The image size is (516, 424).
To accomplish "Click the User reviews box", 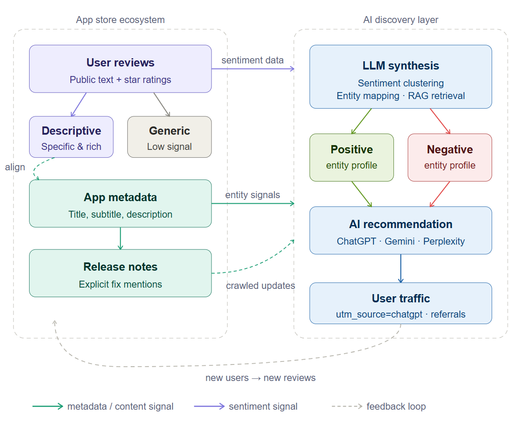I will (120, 69).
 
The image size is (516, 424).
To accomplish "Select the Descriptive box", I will (71, 137).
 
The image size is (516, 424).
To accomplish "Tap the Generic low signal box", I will (169, 137).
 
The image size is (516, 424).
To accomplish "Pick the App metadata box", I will (120, 203).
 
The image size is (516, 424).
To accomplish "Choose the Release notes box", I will (120, 273).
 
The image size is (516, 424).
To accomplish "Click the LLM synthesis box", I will (400, 77).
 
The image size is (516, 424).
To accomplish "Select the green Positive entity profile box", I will (351, 157).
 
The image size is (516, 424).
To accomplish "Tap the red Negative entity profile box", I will (450, 157).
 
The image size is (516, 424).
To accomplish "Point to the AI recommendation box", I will (400, 230).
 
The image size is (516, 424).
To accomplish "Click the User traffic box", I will (400, 303).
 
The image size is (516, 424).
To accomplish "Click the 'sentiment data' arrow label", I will (252, 60).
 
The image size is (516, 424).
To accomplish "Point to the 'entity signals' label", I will (252, 195).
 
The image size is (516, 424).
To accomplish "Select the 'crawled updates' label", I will (261, 286).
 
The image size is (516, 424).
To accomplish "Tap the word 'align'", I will (15, 167).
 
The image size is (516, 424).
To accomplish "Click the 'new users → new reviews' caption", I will (261, 378).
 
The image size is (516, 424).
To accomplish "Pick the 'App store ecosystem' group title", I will (120, 20).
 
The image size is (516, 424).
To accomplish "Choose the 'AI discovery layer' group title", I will (400, 20).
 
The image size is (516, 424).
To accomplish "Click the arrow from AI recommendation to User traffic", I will (400, 268).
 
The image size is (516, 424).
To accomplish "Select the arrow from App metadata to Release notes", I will (120, 238).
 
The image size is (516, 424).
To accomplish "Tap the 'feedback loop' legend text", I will (396, 407).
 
